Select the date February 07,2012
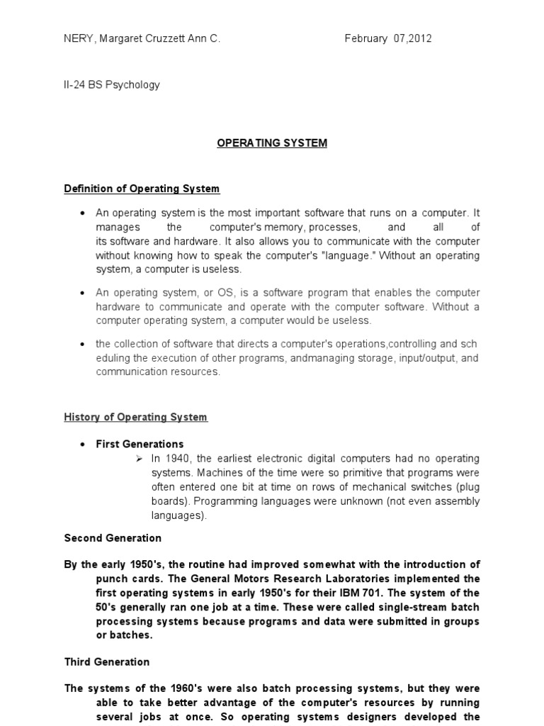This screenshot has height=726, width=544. [387, 39]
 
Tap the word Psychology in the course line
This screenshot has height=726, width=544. [134, 85]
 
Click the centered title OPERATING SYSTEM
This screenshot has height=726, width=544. [272, 143]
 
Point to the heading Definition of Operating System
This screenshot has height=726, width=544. [142, 189]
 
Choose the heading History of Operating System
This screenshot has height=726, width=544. [136, 417]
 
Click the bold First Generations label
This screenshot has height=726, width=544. [140, 445]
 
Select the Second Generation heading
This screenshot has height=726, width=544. [113, 538]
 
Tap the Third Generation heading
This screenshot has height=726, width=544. [107, 661]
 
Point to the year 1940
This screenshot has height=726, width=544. [175, 459]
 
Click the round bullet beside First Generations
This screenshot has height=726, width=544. [84, 445]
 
